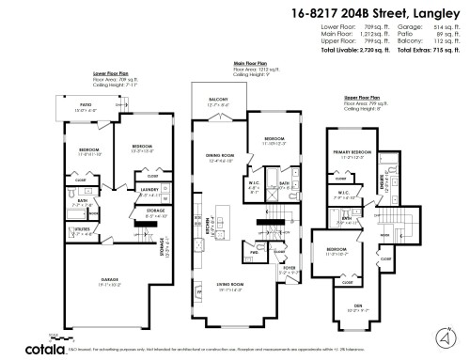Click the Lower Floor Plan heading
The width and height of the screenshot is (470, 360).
click(x=111, y=72)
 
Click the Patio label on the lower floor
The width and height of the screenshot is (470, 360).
click(x=85, y=105)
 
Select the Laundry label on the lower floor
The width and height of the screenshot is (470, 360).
click(x=149, y=192)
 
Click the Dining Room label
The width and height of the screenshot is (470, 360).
click(x=219, y=155)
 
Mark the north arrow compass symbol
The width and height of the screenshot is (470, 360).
click(x=441, y=337)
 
